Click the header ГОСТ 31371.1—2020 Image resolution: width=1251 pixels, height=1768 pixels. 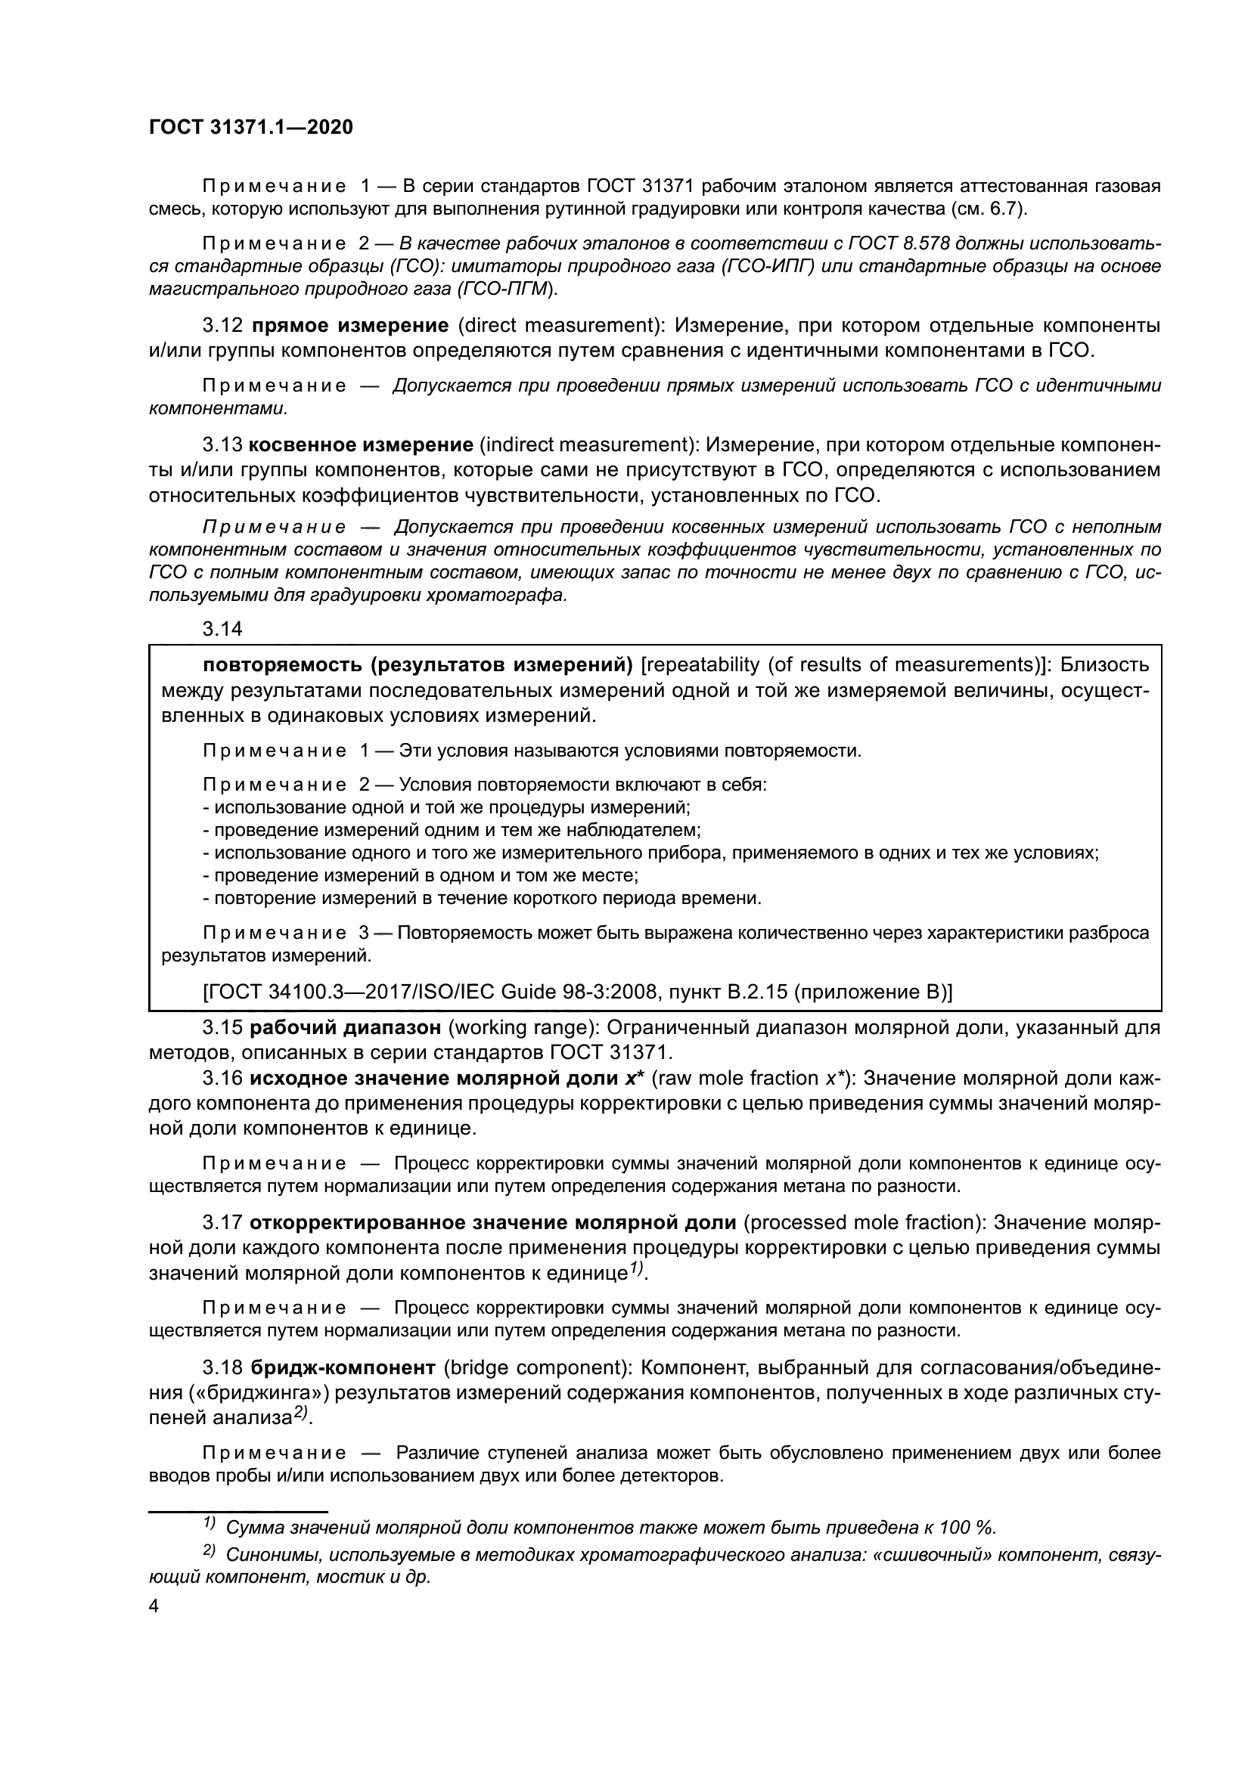click(x=250, y=127)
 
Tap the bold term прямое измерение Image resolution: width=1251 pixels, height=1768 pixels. click(x=349, y=325)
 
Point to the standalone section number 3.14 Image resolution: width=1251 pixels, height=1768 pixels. click(x=222, y=628)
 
